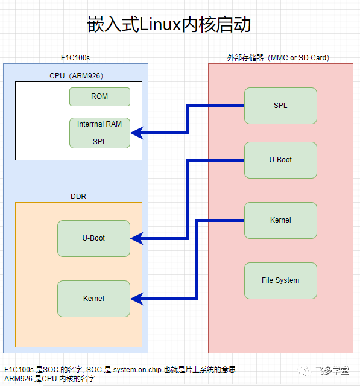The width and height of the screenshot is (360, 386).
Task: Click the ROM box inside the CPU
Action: point(99,96)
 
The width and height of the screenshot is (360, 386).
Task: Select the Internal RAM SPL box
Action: point(99,132)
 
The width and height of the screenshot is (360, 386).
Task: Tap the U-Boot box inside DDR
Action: point(93,238)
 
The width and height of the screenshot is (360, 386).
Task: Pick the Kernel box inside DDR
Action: point(93,299)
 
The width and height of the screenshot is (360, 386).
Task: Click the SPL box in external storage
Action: point(280,106)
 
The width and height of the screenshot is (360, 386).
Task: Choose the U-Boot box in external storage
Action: point(280,160)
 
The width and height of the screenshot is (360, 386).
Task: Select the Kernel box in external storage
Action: point(280,220)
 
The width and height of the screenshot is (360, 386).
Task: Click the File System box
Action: point(280,280)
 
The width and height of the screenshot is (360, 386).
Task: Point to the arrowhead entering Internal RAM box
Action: point(136,133)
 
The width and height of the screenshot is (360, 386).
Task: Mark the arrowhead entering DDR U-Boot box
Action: point(136,239)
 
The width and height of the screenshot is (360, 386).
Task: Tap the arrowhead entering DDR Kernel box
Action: point(136,298)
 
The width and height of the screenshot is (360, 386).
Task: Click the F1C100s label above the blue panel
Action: point(75,58)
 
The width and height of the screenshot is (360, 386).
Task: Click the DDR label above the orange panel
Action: point(78,196)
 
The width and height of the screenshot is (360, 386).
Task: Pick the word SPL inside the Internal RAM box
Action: point(99,142)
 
